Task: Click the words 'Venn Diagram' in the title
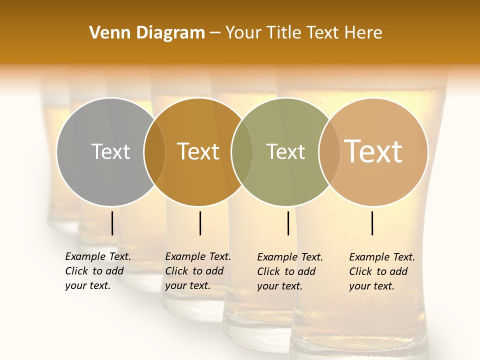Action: point(147,33)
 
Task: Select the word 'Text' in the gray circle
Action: point(110,151)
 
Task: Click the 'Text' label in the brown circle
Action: point(198,151)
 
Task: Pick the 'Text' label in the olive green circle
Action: point(286,151)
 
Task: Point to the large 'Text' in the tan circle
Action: point(373,151)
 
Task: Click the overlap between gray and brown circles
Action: point(154,151)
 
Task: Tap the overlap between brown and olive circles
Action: point(242,151)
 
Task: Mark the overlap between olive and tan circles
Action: point(329,151)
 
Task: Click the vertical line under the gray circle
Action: point(112,223)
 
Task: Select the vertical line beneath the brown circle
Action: point(200,223)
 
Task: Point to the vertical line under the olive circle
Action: point(288,223)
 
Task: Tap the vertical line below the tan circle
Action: point(372,223)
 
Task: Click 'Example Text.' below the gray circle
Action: point(98,256)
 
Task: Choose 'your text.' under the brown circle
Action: point(187,285)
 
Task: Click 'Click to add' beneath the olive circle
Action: point(286,271)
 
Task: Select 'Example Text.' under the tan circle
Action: point(382,257)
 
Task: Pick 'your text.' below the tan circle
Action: point(371,286)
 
